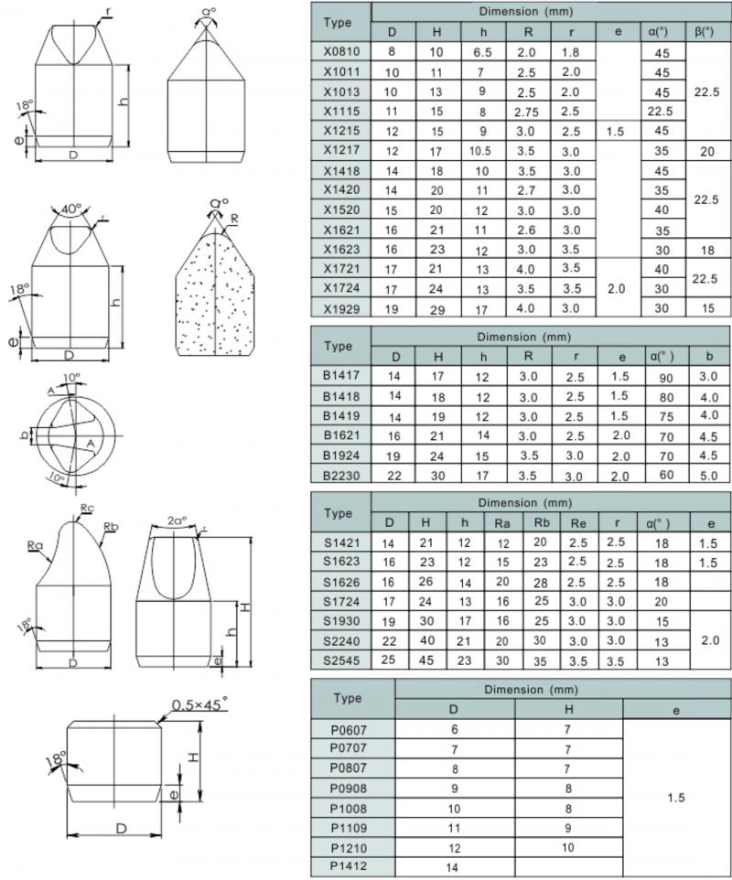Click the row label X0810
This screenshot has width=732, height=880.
click(340, 52)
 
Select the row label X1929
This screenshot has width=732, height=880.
click(340, 307)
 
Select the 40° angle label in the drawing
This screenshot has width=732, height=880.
click(70, 209)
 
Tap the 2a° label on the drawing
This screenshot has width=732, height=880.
click(176, 521)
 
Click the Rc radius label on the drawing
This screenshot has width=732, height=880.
click(87, 508)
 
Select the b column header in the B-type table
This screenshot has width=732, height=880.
click(708, 356)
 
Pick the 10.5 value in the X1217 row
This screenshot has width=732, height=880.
click(481, 151)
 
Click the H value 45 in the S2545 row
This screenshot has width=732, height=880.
click(428, 660)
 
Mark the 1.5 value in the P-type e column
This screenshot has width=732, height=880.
click(675, 798)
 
